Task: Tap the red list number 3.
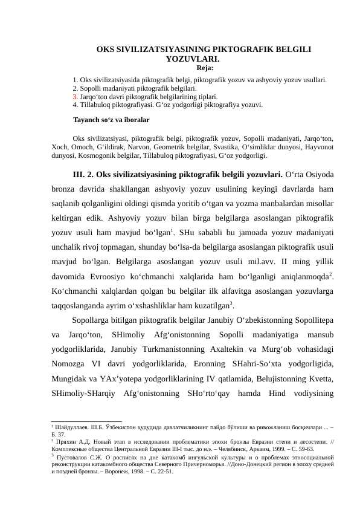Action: pyautogui.click(x=74, y=96)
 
